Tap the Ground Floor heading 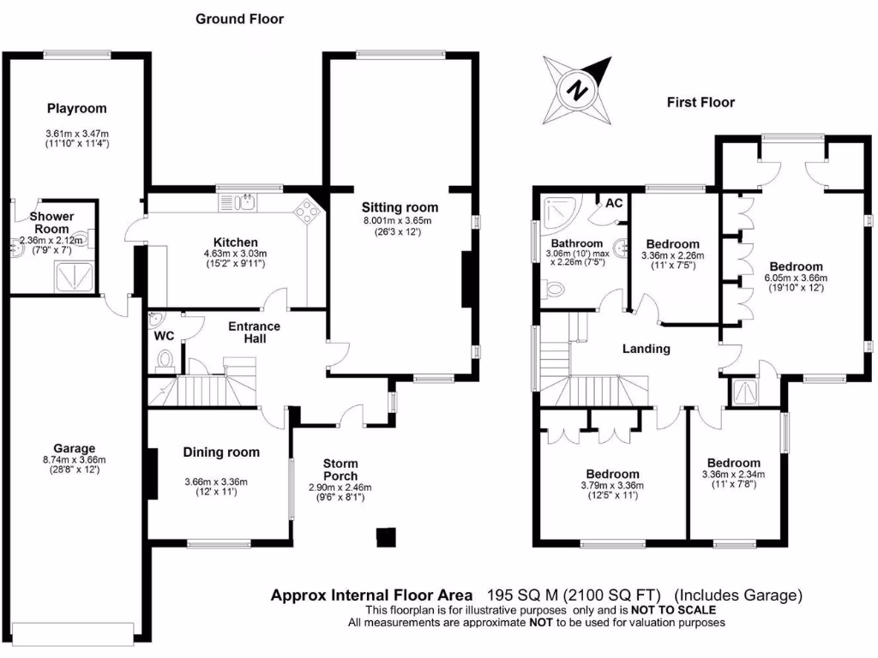(239, 18)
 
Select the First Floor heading (701, 102)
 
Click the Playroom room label (77, 109)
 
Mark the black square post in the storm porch (387, 536)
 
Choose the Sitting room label (400, 207)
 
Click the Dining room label (221, 452)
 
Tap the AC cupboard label (614, 204)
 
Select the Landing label (646, 349)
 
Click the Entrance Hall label (254, 332)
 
